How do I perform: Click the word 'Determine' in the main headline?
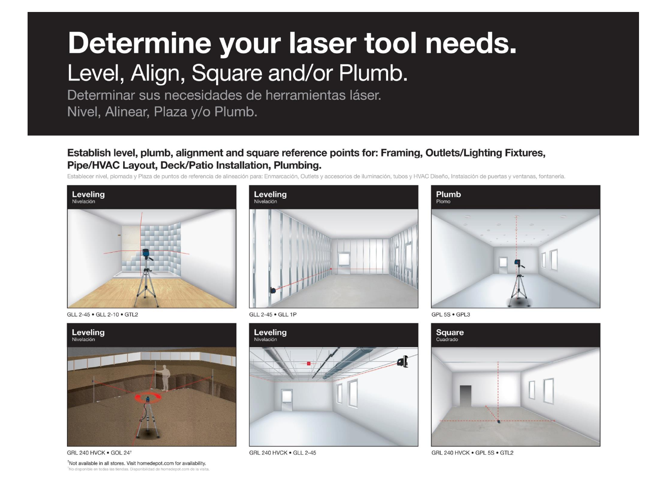coord(139,43)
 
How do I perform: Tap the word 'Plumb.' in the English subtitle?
coord(373,73)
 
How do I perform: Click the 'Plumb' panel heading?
coord(448,194)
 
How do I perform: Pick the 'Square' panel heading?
coord(450,332)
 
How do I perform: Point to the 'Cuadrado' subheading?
coord(447,340)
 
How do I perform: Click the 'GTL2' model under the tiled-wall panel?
coord(131,314)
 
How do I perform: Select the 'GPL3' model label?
coord(463,314)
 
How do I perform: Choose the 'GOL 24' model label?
coord(120,453)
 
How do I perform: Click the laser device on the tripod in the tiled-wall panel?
coord(146,254)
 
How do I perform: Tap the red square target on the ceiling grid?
coord(308,364)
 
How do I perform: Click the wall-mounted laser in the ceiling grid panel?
coord(403,362)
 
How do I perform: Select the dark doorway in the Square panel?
coord(465,396)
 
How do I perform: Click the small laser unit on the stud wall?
coord(273,290)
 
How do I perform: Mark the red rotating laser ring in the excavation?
coord(148,398)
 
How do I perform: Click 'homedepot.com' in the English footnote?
coord(155,463)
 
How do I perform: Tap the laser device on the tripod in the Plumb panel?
coord(518,263)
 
